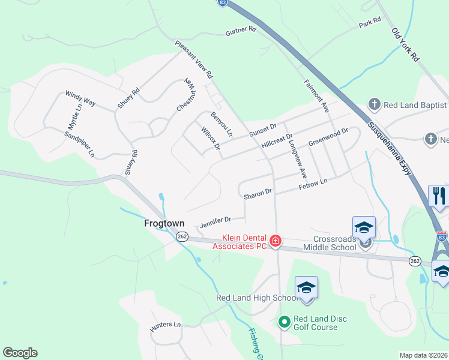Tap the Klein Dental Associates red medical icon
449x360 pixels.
[276, 241]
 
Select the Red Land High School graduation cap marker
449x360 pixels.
[306, 288]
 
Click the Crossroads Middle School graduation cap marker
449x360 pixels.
[364, 227]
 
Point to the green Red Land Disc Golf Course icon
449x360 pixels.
[285, 323]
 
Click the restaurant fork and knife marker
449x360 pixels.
[439, 196]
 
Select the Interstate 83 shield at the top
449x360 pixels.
[223, 3]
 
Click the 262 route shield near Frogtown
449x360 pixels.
[182, 236]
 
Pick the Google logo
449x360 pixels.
[20, 353]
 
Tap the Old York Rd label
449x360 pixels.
[405, 45]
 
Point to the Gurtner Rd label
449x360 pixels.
[241, 31]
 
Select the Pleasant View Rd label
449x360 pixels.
[193, 60]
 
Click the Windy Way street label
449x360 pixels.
[80, 98]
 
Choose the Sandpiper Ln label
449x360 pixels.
[80, 144]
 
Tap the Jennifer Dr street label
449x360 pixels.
[215, 221]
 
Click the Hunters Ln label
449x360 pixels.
[165, 325]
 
